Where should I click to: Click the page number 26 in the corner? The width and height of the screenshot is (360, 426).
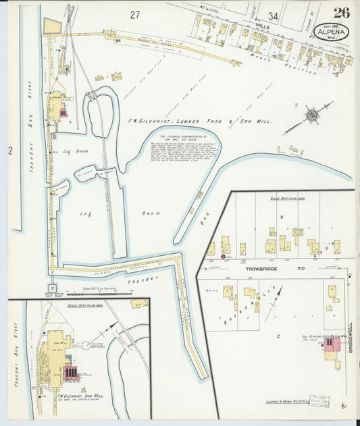click(x=341, y=12)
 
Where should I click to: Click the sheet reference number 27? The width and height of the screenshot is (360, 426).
click(x=135, y=15)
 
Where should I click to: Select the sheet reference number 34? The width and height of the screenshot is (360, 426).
click(x=273, y=16)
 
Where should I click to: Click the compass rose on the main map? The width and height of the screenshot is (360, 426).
click(x=311, y=115)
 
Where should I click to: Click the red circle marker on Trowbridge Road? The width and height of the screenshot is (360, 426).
click(x=224, y=257)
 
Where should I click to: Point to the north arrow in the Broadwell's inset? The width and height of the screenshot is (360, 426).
click(x=273, y=304)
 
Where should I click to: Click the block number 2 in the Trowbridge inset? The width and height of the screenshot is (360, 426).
click(x=278, y=336)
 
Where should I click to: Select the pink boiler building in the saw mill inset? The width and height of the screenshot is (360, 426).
click(x=69, y=372)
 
